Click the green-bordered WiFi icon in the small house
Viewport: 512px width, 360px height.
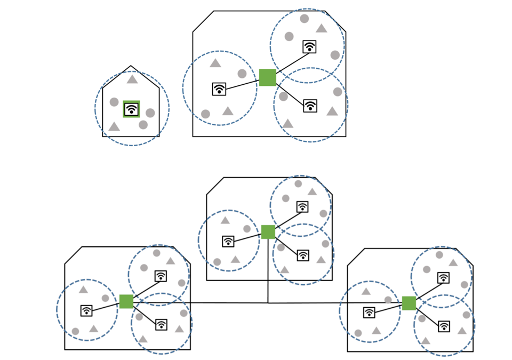point(131,109)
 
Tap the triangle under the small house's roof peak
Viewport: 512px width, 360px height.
point(132,79)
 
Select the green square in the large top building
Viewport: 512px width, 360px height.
point(268,77)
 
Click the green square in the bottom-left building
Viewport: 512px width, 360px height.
point(126,301)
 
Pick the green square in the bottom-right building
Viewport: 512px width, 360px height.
point(409,303)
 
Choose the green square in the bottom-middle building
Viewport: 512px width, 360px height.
point(268,232)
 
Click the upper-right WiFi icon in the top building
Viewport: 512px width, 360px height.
point(309,47)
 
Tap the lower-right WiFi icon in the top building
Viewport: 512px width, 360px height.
point(310,106)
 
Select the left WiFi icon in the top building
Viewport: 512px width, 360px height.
point(219,89)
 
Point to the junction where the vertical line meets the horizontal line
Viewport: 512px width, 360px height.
point(268,303)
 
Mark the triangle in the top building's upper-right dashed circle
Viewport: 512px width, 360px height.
point(321,29)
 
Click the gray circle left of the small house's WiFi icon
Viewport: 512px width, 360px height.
point(114,102)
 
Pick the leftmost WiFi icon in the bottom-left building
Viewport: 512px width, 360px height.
point(86,310)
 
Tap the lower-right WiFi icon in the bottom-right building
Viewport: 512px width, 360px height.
point(444,326)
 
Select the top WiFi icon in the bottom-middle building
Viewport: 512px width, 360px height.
point(302,207)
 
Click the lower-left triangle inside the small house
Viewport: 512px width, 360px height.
point(114,127)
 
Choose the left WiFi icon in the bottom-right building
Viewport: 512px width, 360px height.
point(369,313)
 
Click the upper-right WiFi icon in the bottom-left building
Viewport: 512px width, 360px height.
point(161,276)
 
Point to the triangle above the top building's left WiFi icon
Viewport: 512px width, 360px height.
point(215,63)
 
